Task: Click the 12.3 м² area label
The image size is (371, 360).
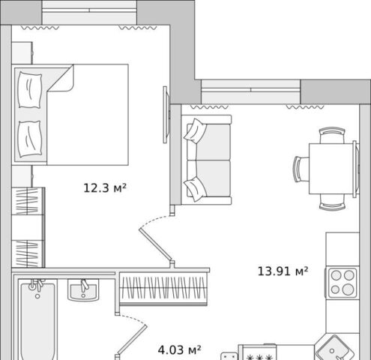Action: click(x=105, y=188)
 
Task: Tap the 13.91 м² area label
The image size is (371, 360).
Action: click(x=283, y=271)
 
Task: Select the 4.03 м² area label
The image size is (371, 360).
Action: click(x=179, y=349)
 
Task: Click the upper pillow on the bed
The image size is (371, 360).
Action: click(x=30, y=90)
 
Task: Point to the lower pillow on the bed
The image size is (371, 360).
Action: click(x=30, y=139)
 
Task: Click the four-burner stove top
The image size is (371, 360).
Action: click(x=343, y=283)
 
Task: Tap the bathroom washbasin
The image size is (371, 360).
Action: click(x=83, y=290)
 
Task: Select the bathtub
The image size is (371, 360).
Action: click(x=37, y=320)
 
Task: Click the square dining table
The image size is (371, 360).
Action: click(x=331, y=169)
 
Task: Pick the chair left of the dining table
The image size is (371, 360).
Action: click(x=301, y=169)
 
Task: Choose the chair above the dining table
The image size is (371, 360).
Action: click(x=332, y=135)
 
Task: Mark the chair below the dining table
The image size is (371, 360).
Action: click(x=332, y=202)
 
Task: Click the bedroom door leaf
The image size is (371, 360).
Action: click(x=156, y=245)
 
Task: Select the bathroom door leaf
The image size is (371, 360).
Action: click(x=131, y=340)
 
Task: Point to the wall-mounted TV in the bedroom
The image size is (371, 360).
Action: click(x=166, y=115)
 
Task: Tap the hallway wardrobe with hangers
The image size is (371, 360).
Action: click(x=163, y=289)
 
